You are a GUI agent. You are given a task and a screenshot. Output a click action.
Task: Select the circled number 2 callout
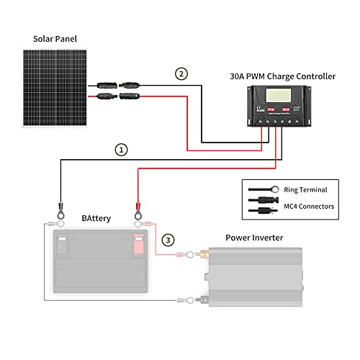(181, 73)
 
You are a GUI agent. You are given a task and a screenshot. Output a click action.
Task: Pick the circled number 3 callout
(167, 239)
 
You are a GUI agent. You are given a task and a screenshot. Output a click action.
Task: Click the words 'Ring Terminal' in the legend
(307, 190)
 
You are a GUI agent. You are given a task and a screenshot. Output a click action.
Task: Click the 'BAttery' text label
(96, 217)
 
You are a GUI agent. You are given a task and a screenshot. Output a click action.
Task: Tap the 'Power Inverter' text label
(254, 237)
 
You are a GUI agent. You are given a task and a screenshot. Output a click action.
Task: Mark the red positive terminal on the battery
(137, 245)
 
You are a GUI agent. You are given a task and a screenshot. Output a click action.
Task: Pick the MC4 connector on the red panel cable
(114, 95)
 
